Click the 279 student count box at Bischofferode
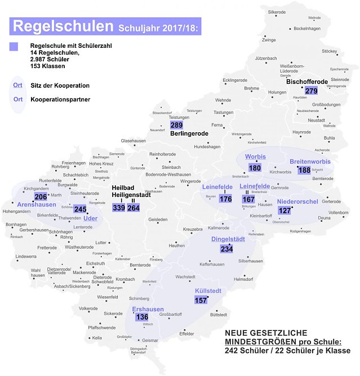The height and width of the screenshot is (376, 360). point(312,91)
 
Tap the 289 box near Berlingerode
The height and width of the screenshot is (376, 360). point(177,125)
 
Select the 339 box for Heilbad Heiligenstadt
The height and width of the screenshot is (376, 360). point(119,208)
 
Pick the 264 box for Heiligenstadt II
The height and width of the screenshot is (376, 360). point(134,208)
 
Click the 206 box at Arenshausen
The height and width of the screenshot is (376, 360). point(41,196)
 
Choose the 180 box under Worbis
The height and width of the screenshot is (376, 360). point(255,168)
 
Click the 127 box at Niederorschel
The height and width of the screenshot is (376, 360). point(285,211)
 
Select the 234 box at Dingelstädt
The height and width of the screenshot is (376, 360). point(226,248)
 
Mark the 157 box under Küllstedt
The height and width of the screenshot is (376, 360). point(201,300)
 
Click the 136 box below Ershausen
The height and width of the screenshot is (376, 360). point(142,317)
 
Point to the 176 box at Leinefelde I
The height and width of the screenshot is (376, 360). point(225,199)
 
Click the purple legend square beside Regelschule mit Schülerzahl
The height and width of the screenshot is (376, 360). point(14,47)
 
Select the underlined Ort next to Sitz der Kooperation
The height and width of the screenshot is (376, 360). point(17,86)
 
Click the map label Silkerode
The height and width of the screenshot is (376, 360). point(277,12)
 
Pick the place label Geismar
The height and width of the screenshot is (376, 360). point(151,341)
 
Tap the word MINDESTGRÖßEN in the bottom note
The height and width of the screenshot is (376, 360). point(252,342)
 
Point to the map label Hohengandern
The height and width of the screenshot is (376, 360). point(16,212)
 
